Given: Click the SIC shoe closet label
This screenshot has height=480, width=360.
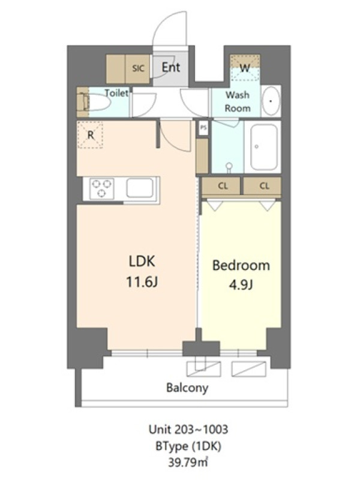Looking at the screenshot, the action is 138,68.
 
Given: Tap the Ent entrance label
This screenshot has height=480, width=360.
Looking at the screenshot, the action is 171,67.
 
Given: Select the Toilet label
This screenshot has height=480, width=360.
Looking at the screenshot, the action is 116,93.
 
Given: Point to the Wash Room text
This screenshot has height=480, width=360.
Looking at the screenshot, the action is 238,101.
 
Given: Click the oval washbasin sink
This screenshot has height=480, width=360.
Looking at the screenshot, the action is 271,101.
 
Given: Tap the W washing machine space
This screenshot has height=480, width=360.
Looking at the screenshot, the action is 245,68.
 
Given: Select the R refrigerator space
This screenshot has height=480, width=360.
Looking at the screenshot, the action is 90,134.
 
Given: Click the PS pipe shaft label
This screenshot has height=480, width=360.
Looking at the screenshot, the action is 203,128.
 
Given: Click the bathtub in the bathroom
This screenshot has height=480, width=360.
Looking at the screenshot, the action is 263,146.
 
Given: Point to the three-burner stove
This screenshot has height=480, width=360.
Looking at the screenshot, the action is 101,188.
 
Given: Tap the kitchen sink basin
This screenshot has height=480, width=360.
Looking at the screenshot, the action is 140,188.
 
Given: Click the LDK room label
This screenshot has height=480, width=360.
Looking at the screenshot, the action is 142,262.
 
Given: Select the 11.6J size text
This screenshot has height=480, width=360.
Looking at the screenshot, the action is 142,282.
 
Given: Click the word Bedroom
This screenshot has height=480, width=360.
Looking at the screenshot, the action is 241,265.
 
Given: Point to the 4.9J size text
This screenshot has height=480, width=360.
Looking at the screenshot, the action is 241,285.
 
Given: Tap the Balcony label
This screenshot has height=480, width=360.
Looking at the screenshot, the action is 187,388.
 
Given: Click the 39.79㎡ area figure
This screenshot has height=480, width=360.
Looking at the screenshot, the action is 188,462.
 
